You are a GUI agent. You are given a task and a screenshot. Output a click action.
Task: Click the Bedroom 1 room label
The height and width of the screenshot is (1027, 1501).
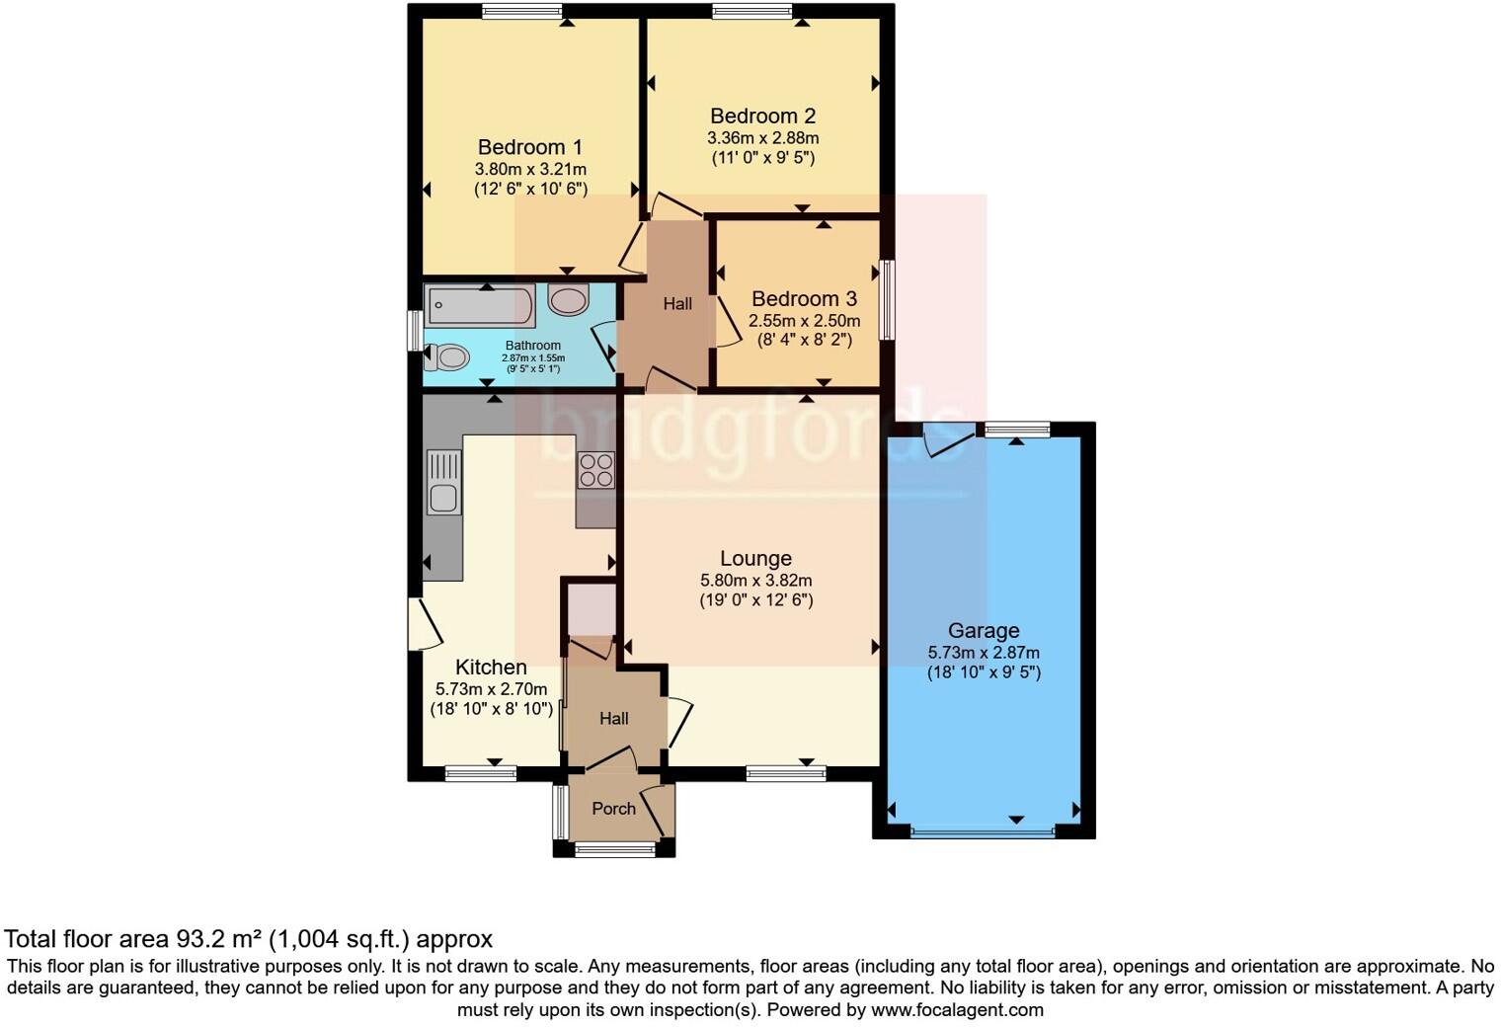[530, 148]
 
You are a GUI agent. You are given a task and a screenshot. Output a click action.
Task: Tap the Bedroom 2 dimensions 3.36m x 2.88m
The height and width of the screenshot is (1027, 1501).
[762, 138]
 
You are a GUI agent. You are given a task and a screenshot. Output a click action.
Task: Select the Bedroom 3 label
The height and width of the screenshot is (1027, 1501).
[804, 299]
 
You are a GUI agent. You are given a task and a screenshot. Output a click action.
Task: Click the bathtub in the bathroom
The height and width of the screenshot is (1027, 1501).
[480, 305]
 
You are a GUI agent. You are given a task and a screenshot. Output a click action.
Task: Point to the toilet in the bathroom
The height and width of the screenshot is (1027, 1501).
[446, 356]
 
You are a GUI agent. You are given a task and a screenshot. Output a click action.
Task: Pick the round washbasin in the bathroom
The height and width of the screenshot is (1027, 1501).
[569, 299]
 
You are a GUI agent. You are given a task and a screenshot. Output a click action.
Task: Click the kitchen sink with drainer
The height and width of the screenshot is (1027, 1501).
[443, 482]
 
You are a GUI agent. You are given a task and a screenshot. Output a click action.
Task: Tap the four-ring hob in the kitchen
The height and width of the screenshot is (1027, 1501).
[595, 470]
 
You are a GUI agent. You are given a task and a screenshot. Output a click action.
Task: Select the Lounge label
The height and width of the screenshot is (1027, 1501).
[755, 559]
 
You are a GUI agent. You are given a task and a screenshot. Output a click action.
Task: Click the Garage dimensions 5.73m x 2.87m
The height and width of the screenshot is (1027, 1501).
[983, 653]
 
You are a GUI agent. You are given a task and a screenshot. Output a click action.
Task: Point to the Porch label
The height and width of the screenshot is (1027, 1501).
[613, 809]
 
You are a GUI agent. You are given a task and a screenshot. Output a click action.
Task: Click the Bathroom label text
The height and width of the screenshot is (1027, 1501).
[533, 346]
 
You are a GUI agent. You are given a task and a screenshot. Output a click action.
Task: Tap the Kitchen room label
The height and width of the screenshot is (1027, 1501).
[491, 668]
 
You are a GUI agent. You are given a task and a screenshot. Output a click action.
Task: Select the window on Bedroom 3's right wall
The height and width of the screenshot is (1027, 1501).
[888, 299]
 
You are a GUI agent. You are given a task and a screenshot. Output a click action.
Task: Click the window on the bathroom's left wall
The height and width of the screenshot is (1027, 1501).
[416, 330]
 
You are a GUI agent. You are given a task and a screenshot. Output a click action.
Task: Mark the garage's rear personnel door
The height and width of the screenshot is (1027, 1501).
[946, 439]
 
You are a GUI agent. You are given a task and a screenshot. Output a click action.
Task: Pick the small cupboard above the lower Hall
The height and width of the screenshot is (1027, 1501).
[592, 609]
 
